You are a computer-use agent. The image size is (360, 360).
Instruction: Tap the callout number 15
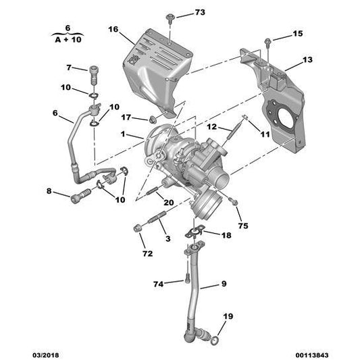(298, 33)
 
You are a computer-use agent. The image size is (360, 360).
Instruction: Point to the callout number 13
(307, 60)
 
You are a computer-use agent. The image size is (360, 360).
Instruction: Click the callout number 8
(49, 192)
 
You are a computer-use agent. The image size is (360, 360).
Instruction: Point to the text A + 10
(66, 39)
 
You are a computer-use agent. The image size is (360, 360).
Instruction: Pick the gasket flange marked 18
(195, 234)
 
